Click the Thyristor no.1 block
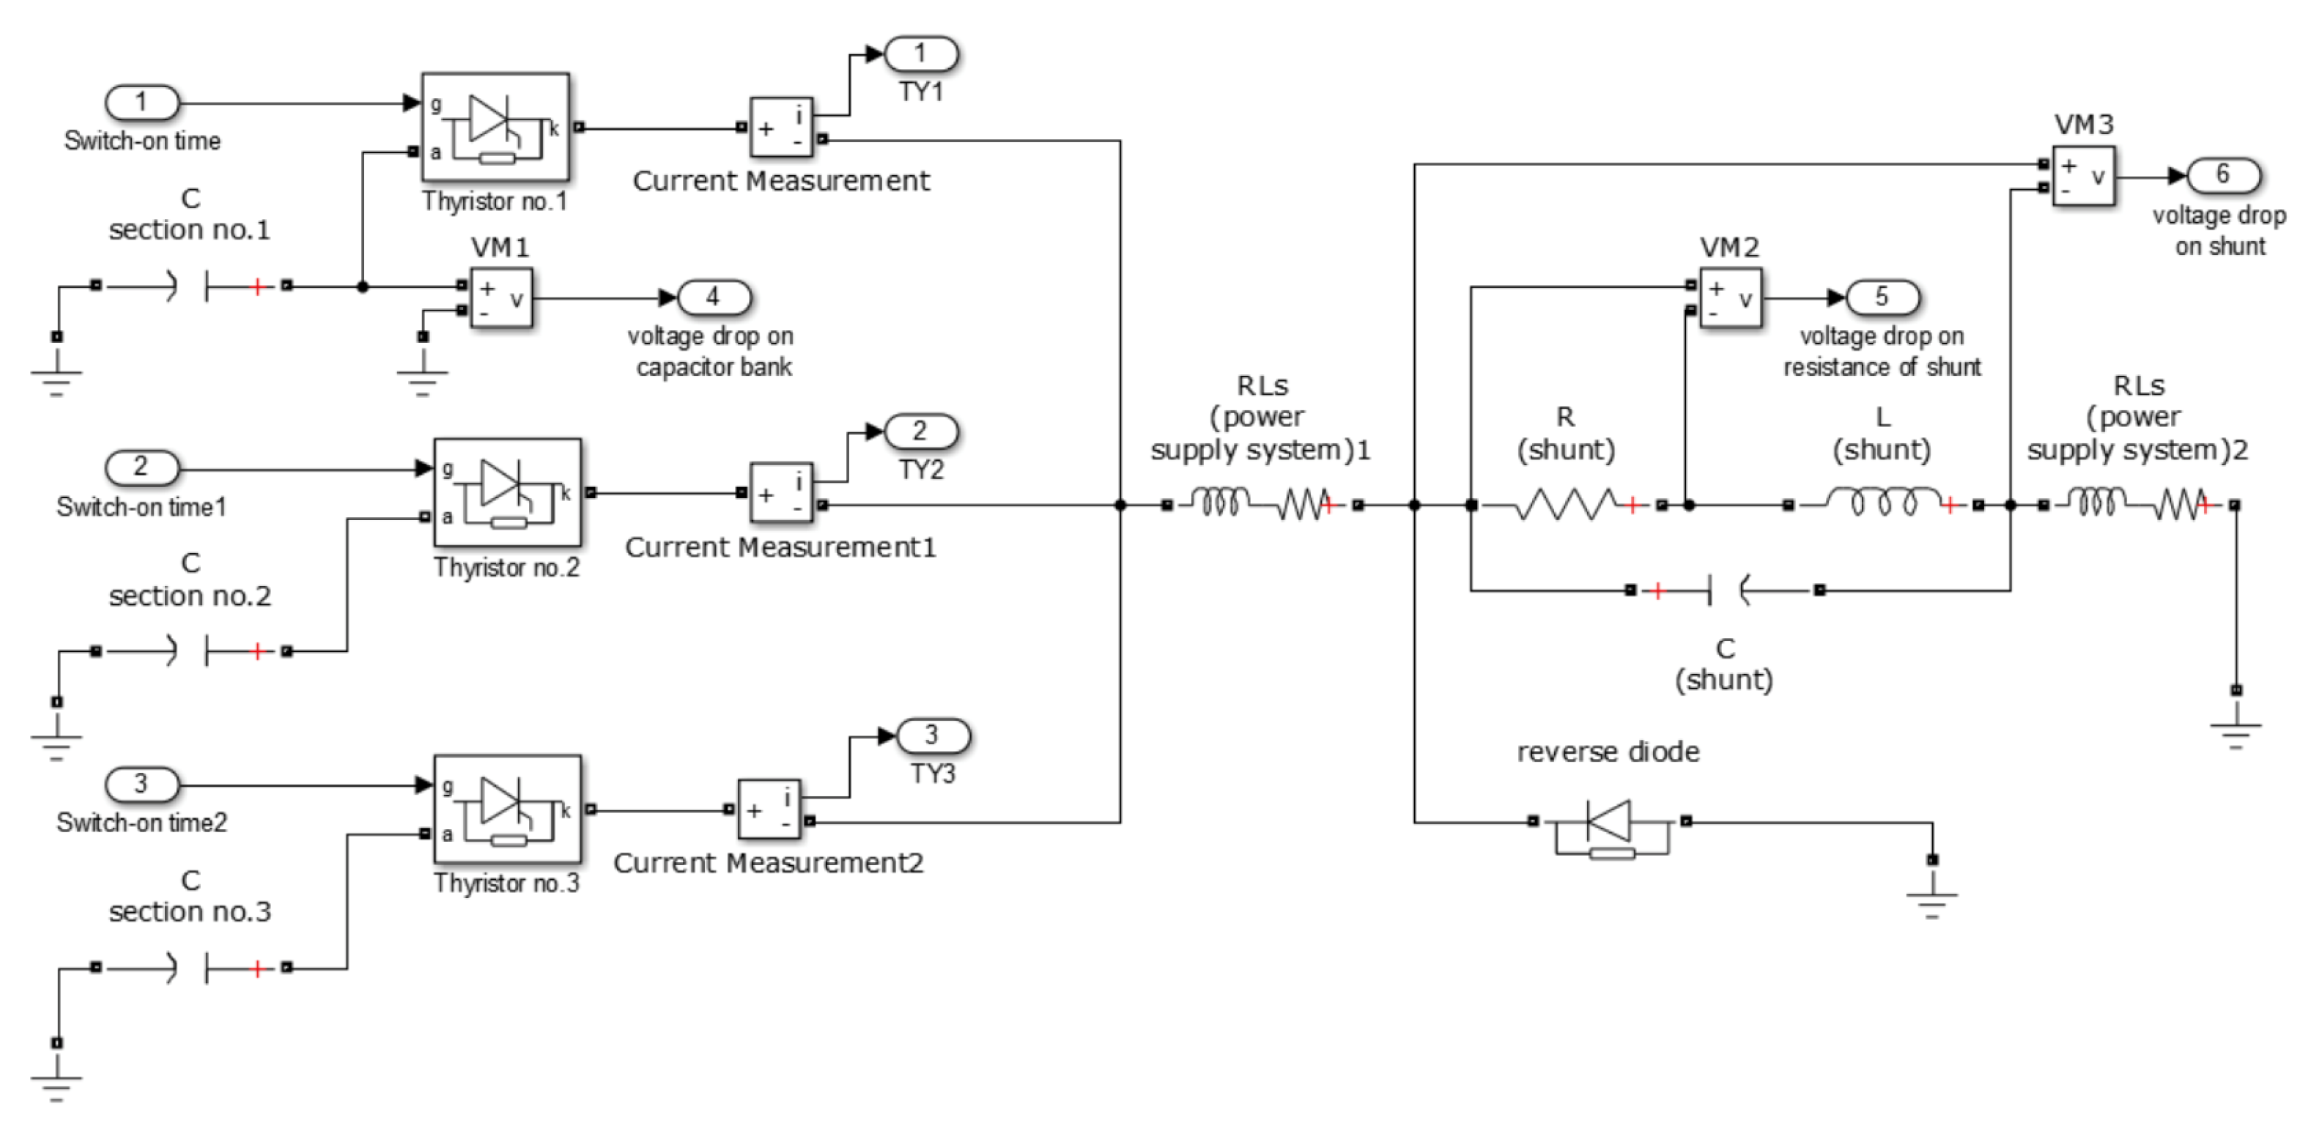click(495, 127)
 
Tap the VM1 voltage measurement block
click(501, 297)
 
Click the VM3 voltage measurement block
click(2083, 176)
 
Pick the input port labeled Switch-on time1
click(142, 468)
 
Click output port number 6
click(2223, 175)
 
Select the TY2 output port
click(920, 431)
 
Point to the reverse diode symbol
click(1610, 822)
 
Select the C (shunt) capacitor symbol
click(1727, 590)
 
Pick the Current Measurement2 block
click(769, 809)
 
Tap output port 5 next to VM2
click(1883, 297)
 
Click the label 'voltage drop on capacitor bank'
click(711, 352)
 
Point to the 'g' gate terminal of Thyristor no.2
click(448, 469)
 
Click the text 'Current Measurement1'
click(780, 547)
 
